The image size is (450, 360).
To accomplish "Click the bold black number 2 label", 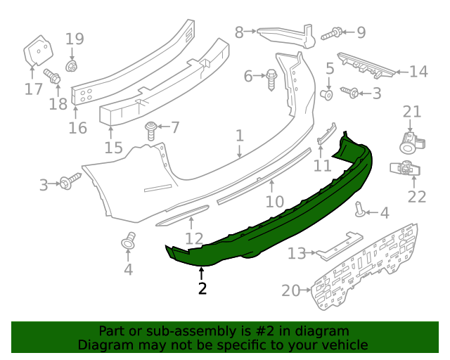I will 202,288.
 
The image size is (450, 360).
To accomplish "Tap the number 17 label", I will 33,89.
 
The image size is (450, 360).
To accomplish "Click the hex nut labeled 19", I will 71,66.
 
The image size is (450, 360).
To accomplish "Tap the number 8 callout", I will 239,32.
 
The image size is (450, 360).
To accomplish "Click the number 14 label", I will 418,71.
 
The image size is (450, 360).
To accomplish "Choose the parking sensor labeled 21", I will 409,140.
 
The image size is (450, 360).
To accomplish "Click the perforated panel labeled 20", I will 359,271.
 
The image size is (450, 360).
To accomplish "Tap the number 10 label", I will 274,202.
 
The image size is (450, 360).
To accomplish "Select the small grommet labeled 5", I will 327,94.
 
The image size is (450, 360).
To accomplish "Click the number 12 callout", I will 194,238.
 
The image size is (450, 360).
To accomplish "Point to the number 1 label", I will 239,135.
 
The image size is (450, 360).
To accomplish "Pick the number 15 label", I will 113,148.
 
